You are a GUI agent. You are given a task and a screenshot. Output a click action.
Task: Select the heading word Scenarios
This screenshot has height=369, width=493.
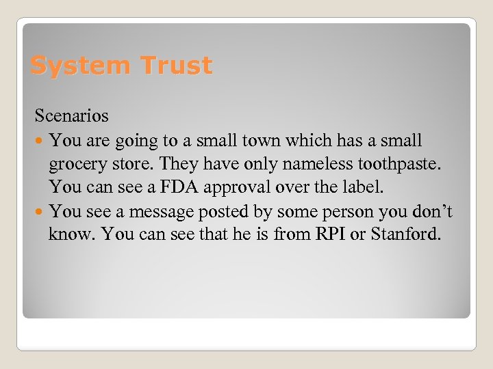pyautogui.click(x=72, y=116)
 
